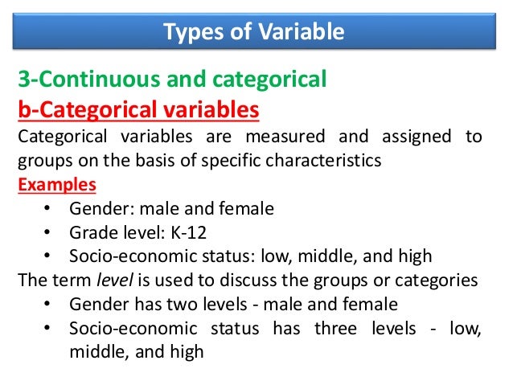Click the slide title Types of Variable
[x=254, y=32]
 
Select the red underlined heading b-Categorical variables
[x=138, y=108]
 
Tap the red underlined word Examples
[x=56, y=184]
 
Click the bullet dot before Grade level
[x=48, y=233]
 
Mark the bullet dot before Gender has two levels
[x=48, y=305]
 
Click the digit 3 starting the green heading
[x=23, y=80]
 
